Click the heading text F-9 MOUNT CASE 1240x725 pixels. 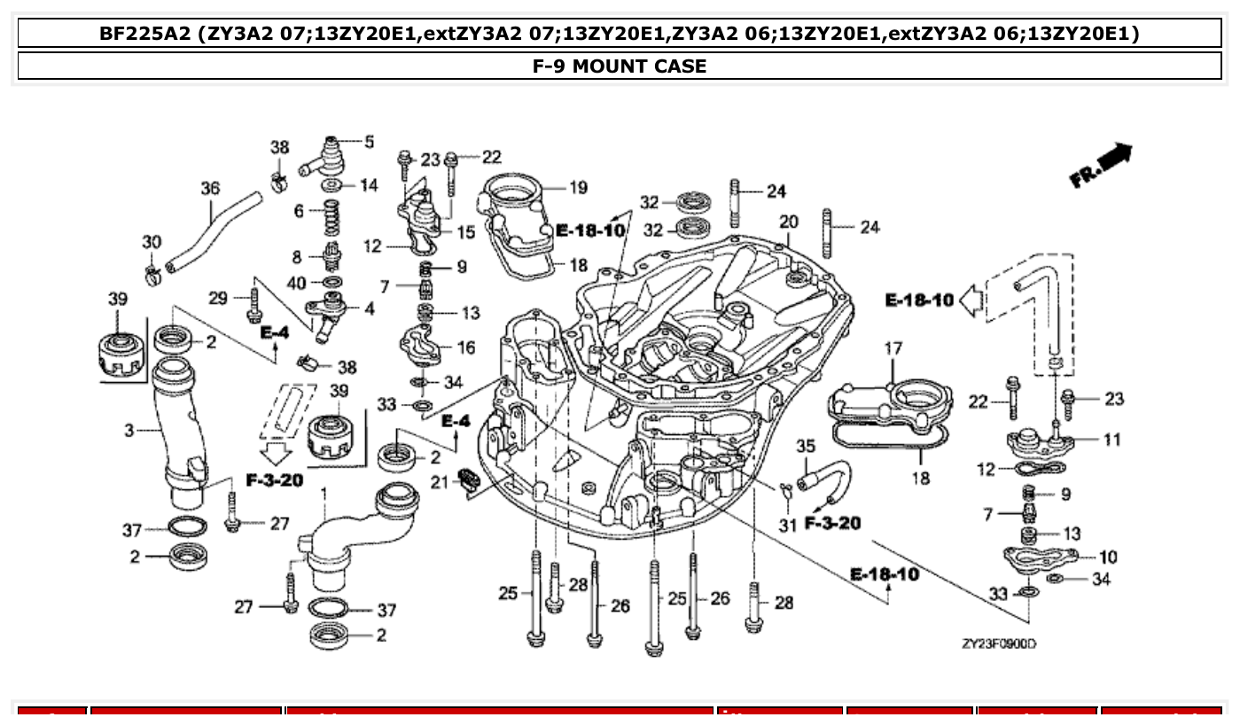pyautogui.click(x=619, y=66)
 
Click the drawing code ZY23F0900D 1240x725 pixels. pyautogui.click(x=998, y=643)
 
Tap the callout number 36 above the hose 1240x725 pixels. pyautogui.click(x=210, y=189)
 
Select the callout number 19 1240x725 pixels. pyautogui.click(x=578, y=187)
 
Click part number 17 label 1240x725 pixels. pyautogui.click(x=892, y=350)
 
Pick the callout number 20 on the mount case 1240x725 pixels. pyautogui.click(x=788, y=221)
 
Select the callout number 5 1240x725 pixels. pyautogui.click(x=369, y=141)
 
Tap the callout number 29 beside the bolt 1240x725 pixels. pyautogui.click(x=218, y=298)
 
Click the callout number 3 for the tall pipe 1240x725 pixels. pyautogui.click(x=129, y=431)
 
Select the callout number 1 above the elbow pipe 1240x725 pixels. pyautogui.click(x=324, y=492)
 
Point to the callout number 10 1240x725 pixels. pyautogui.click(x=1108, y=557)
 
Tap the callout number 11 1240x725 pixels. pyautogui.click(x=1111, y=439)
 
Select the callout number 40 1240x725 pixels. pyautogui.click(x=297, y=283)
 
